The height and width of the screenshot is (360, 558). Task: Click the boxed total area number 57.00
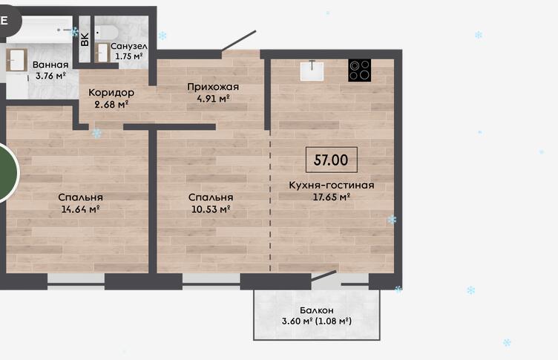(x=331, y=160)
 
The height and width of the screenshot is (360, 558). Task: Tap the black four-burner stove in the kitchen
(x=359, y=71)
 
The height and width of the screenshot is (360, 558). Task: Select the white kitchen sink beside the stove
(x=312, y=71)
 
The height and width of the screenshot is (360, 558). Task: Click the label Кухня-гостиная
(x=331, y=185)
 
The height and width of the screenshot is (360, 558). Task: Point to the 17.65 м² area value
(x=331, y=197)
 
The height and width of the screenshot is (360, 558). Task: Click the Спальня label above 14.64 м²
(x=80, y=197)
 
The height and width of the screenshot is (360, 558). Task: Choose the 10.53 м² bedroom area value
(x=211, y=209)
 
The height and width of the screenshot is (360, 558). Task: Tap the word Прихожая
(x=213, y=88)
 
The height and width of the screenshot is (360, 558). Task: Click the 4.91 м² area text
(x=213, y=99)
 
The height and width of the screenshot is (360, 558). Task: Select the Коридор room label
(x=111, y=93)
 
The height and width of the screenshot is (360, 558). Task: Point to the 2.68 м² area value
(x=111, y=105)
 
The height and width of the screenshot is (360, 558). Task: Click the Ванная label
(x=50, y=65)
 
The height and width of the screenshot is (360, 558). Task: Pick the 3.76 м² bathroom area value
(x=50, y=76)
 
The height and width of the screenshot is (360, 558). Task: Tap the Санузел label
(x=129, y=46)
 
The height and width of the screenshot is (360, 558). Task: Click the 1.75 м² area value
(x=129, y=56)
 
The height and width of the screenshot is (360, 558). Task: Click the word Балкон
(x=316, y=310)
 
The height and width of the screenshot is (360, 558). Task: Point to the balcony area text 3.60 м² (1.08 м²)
(x=316, y=321)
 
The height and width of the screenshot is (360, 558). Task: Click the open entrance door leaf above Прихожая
(x=238, y=41)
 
